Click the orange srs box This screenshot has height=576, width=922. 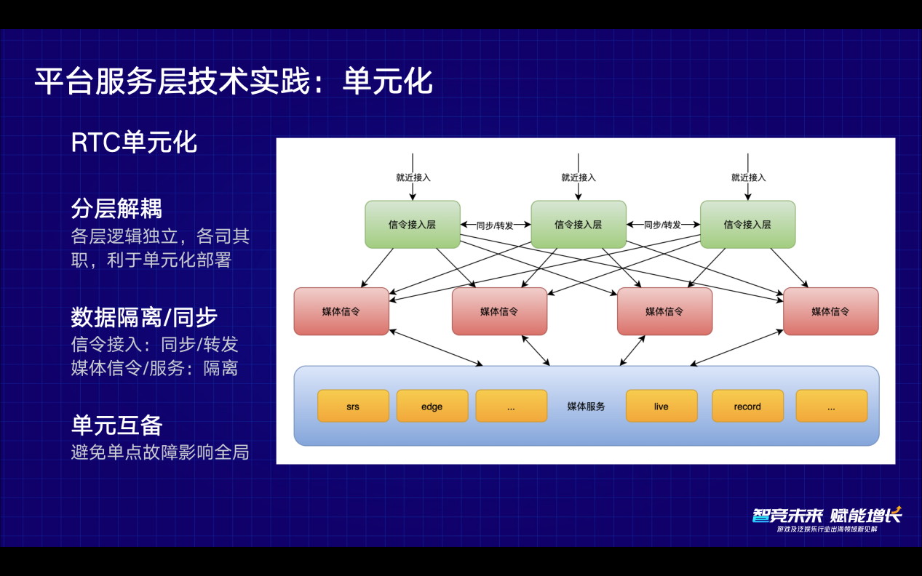point(353,406)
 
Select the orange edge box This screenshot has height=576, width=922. point(432,406)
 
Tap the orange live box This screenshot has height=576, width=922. point(661,406)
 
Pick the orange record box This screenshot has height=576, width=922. point(747,406)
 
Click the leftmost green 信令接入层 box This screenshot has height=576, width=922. point(413,225)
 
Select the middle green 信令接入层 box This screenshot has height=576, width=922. point(579,225)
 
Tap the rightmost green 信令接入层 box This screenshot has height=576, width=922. point(747,225)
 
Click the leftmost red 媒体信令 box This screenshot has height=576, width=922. point(341,311)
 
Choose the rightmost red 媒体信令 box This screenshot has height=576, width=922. point(830,311)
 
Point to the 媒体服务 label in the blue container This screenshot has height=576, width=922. point(586,407)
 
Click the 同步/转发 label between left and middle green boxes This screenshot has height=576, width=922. point(495,225)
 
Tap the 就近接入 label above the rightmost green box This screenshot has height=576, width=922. point(748,177)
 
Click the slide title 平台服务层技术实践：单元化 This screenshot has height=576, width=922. point(234,81)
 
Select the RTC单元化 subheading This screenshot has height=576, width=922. point(134,143)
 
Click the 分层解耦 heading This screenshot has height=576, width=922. point(116,208)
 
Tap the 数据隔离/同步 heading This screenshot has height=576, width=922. point(144,317)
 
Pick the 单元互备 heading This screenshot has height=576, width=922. point(116,425)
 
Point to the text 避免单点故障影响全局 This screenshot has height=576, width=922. point(160,452)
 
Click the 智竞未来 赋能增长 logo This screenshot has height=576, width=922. point(827,519)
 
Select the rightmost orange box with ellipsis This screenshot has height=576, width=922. point(832,406)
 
